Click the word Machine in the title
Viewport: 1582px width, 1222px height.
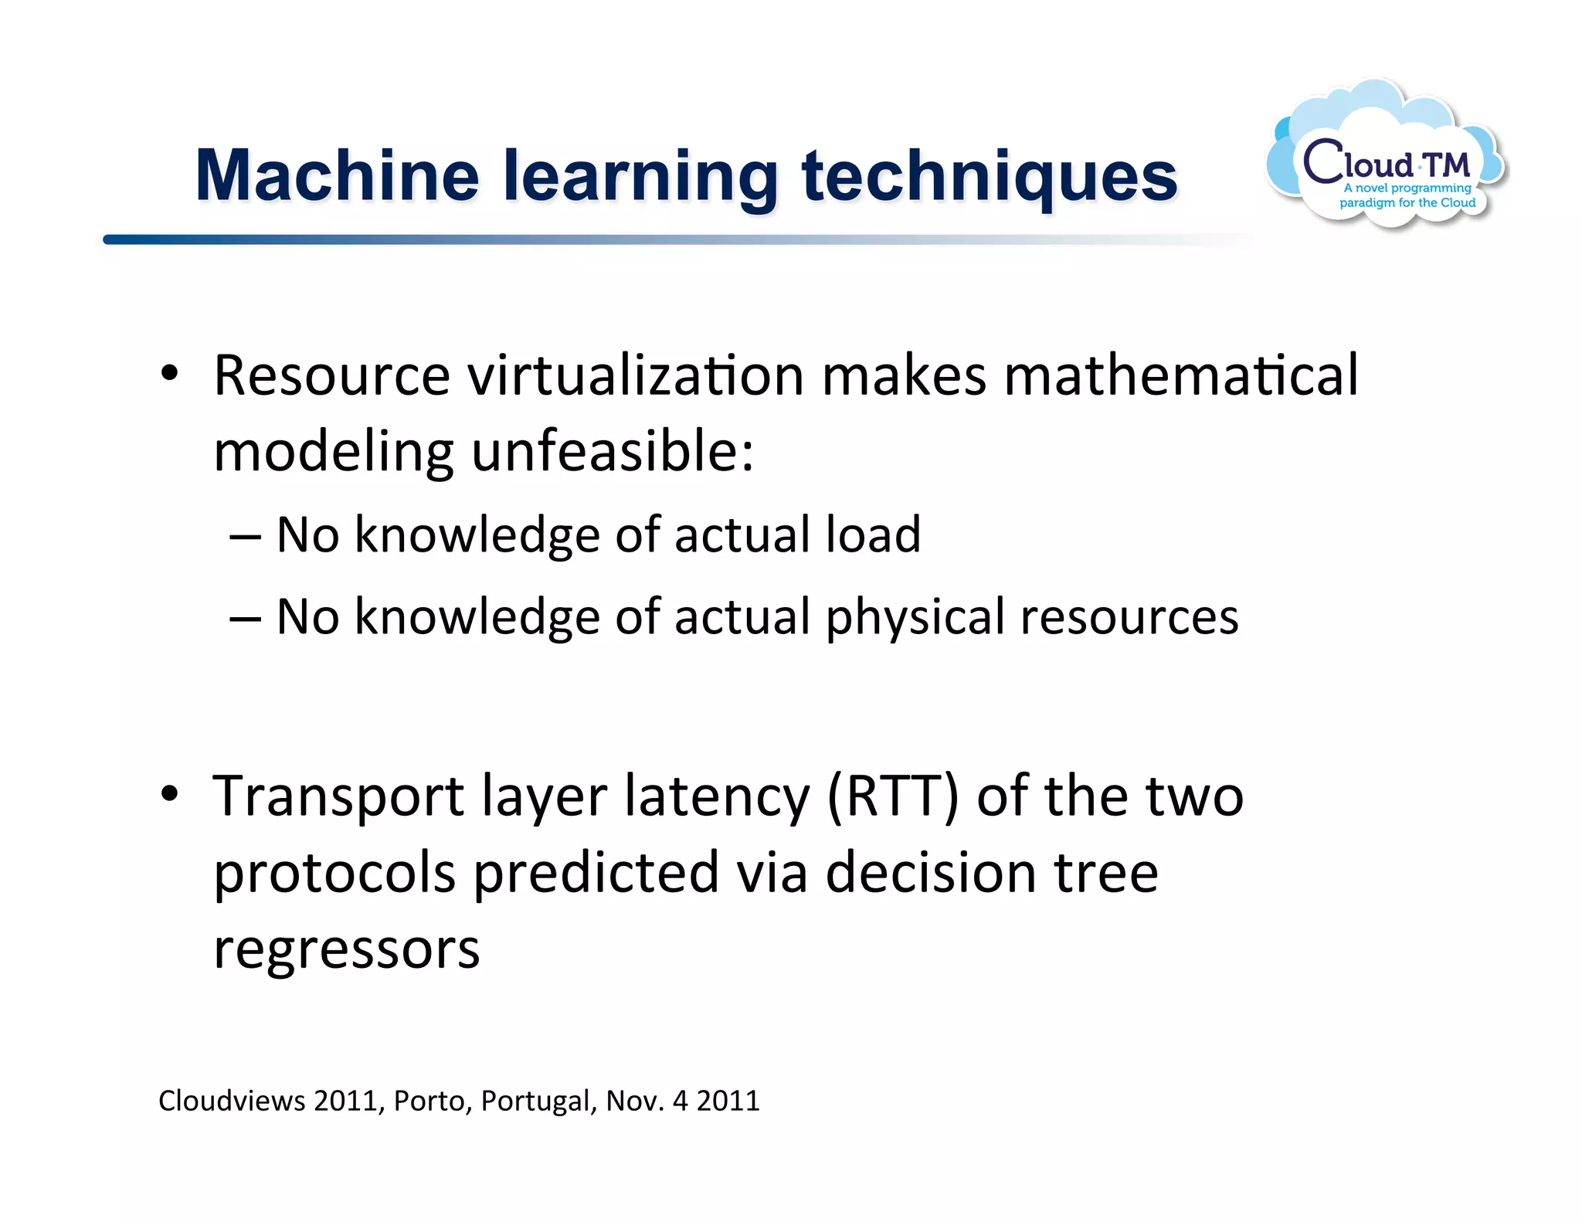click(338, 176)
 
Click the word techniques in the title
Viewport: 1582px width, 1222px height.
click(990, 178)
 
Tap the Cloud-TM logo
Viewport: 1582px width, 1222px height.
click(1387, 158)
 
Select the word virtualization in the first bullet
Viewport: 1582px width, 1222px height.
click(637, 375)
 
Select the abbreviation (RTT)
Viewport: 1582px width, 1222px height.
click(892, 796)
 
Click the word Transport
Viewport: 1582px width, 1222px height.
click(338, 797)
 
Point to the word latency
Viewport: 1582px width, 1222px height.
click(717, 797)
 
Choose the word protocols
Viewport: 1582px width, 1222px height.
click(334, 874)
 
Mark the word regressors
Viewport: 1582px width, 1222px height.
click(346, 949)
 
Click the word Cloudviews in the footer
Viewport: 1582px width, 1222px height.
click(232, 1101)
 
